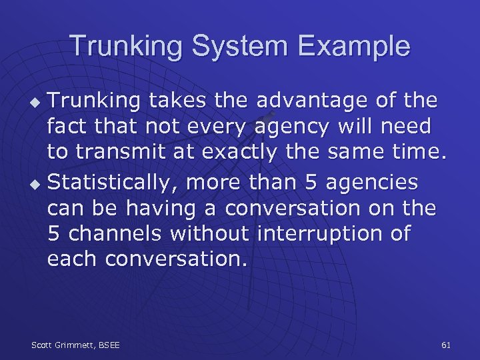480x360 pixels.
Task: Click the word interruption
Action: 333,233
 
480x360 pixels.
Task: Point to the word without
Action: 209,233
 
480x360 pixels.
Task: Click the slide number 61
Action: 446,345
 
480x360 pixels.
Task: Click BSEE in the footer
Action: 109,345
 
